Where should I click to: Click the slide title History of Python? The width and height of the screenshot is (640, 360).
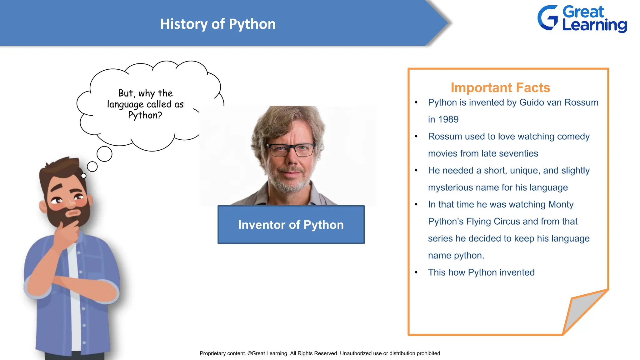coord(218,24)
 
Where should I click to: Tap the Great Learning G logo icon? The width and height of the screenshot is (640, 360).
coord(548,18)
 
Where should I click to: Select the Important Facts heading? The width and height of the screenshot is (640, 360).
coord(500,87)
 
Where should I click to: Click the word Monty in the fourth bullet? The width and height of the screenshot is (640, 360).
coord(561,204)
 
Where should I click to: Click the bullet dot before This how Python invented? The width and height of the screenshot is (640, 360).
coord(416,272)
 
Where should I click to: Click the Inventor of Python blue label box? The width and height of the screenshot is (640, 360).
coord(291,225)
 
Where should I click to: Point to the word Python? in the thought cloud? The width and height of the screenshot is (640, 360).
coord(145,115)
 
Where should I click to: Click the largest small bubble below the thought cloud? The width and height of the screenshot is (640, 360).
coord(104,154)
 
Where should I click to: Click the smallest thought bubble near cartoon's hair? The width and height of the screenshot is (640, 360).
coord(83,176)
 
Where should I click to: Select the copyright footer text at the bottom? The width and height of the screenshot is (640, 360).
coord(320,353)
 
